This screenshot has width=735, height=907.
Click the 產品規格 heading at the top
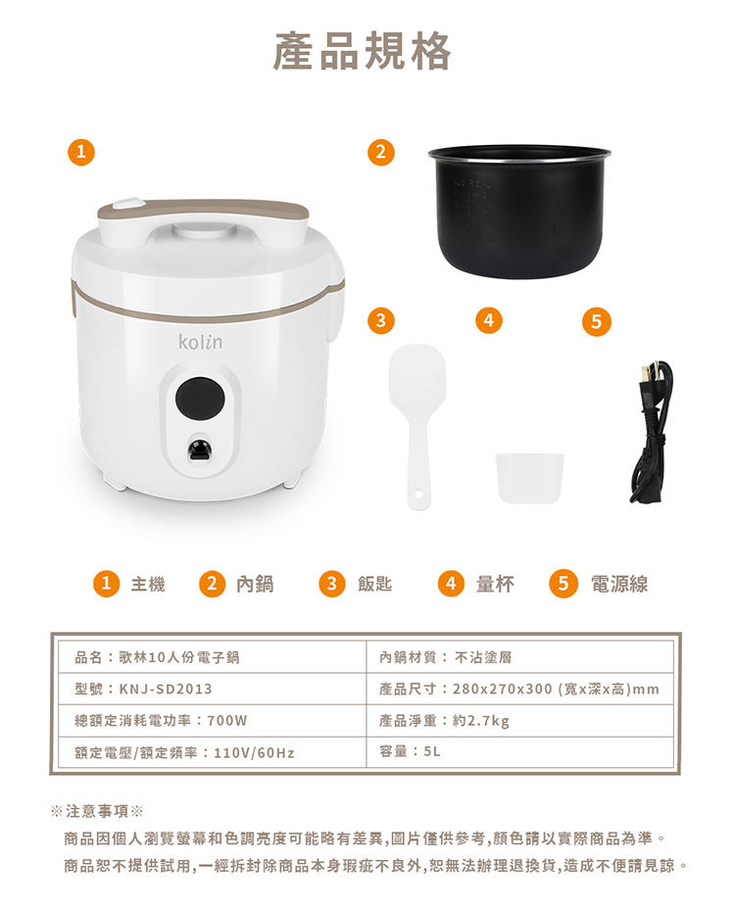pyautogui.click(x=362, y=52)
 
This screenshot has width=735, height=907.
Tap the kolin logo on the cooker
pyautogui.click(x=200, y=341)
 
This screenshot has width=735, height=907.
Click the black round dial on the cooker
pyautogui.click(x=200, y=398)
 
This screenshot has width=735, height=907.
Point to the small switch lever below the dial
pyautogui.click(x=201, y=450)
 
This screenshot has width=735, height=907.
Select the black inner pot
pyautogui.click(x=519, y=212)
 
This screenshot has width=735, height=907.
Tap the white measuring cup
pyautogui.click(x=529, y=477)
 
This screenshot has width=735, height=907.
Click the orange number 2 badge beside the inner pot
pyautogui.click(x=381, y=152)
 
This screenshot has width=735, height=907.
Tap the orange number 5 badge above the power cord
pyautogui.click(x=597, y=321)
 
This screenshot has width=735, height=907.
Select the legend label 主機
pyautogui.click(x=148, y=584)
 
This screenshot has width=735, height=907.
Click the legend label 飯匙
pyautogui.click(x=375, y=584)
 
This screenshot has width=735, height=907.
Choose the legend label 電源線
pyautogui.click(x=619, y=584)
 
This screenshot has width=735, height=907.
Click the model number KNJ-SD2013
pyautogui.click(x=166, y=689)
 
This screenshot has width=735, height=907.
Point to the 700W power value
pyautogui.click(x=226, y=721)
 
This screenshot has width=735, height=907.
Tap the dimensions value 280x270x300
pyautogui.click(x=503, y=689)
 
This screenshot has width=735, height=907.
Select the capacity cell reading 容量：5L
pyautogui.click(x=410, y=751)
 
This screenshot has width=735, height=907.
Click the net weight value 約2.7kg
pyautogui.click(x=481, y=721)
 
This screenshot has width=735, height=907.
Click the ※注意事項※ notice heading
pyautogui.click(x=97, y=811)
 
